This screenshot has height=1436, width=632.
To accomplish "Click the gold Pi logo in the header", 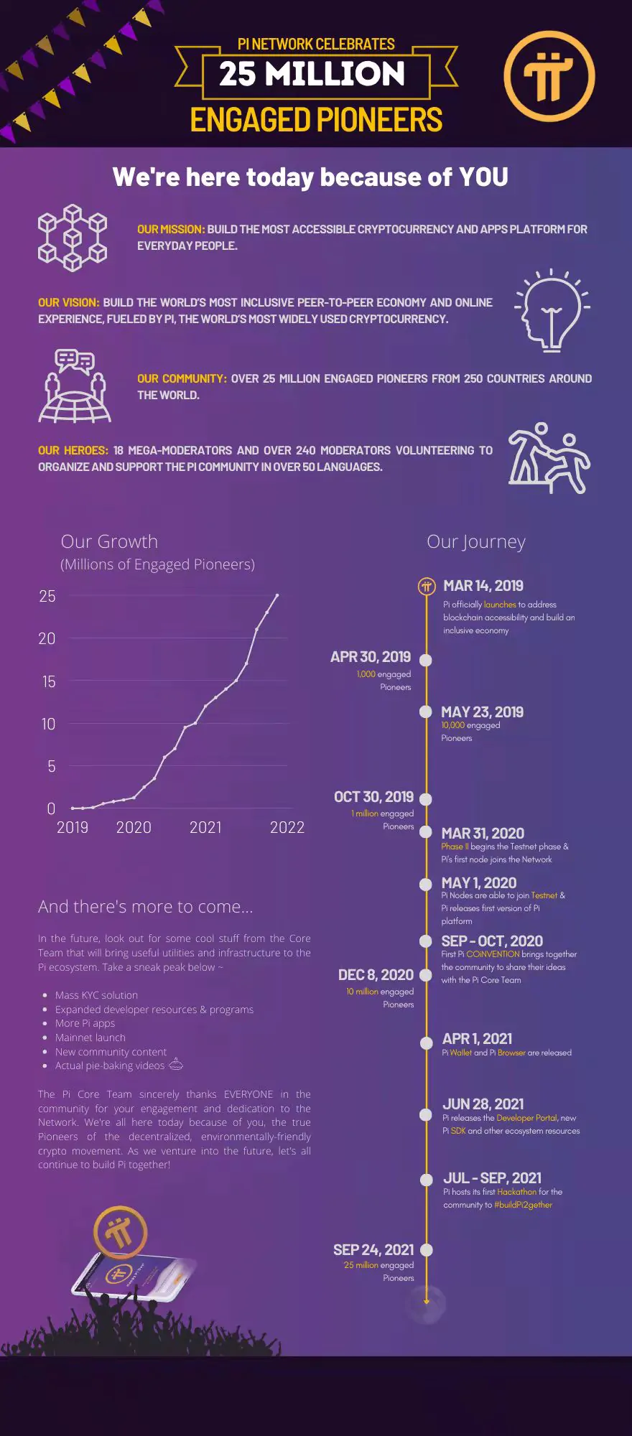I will tap(549, 76).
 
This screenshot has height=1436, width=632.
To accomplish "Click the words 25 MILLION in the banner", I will tap(312, 74).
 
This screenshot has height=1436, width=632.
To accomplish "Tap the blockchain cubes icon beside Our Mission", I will tap(72, 238).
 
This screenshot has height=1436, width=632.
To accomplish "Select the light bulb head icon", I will tap(551, 311).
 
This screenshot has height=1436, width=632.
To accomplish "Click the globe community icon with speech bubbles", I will tap(74, 386).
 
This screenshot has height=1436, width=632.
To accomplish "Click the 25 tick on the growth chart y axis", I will tap(47, 596).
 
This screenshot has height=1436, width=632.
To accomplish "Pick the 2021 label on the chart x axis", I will tap(205, 827).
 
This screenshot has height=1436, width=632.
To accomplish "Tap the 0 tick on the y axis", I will tap(51, 808).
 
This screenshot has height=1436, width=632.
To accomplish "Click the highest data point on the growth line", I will tap(277, 595).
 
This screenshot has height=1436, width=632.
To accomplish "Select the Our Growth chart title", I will tap(109, 541).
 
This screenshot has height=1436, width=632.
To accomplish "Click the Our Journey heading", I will tap(476, 541).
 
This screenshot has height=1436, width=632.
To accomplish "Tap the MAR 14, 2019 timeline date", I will tap(483, 586).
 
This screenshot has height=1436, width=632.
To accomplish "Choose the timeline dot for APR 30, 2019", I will tap(426, 660).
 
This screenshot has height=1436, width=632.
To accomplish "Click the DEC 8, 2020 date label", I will tap(376, 974).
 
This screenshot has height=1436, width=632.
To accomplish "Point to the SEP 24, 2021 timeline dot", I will tap(426, 1250).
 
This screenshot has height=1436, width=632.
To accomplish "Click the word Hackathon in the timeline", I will tap(516, 1192).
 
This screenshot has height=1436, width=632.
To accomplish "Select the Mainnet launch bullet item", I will tap(90, 1038).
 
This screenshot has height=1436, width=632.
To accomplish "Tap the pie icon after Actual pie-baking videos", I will tap(176, 1065).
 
